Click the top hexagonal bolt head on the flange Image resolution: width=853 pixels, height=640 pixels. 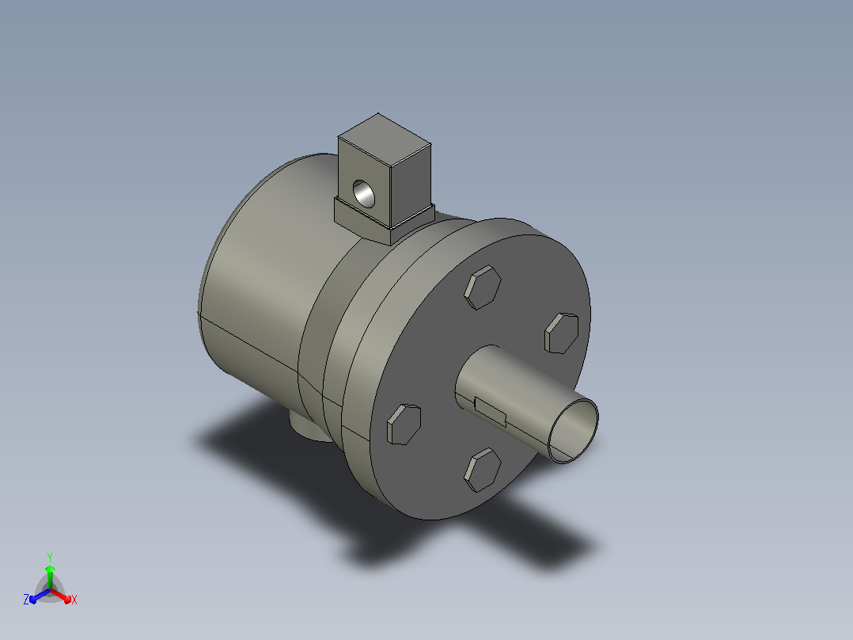(x=483, y=288)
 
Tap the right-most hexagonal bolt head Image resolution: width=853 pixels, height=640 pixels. (x=562, y=333)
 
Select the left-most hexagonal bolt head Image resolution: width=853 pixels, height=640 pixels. (x=404, y=425)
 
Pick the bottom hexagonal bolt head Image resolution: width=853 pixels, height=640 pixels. (x=483, y=470)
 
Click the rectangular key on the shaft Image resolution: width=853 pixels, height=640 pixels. (x=490, y=412)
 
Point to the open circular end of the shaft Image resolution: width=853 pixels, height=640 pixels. (x=574, y=431)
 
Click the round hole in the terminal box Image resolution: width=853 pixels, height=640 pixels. (x=364, y=194)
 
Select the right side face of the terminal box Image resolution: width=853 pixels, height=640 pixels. (x=411, y=186)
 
